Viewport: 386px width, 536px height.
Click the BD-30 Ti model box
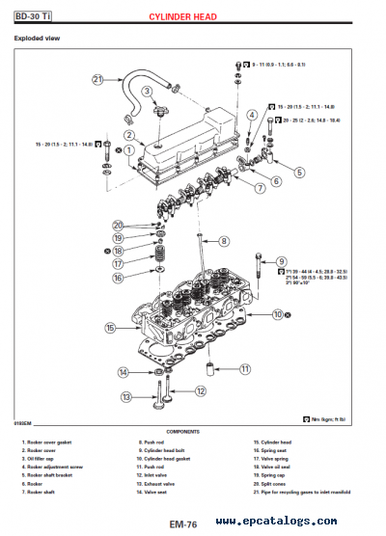click(33, 16)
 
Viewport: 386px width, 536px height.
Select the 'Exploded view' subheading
click(36, 39)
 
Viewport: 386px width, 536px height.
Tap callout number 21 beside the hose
click(97, 80)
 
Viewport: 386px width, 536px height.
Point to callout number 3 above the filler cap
click(147, 92)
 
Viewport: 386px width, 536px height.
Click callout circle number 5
click(298, 173)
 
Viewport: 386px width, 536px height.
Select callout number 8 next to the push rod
click(223, 241)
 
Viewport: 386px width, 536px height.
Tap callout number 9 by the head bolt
click(282, 261)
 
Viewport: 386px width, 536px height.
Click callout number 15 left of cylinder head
click(110, 328)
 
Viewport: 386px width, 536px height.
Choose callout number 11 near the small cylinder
click(244, 369)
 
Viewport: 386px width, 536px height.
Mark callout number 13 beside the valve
click(125, 396)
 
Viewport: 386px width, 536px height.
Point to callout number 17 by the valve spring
click(117, 262)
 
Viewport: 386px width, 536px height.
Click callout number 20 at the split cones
click(117, 225)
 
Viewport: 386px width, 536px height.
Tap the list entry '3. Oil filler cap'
click(41, 458)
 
